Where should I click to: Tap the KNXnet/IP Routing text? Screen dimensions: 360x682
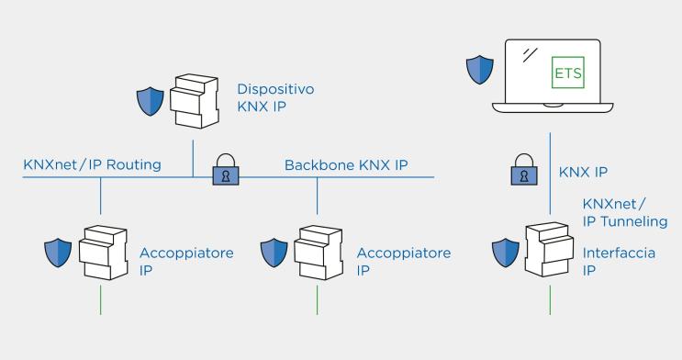(92, 165)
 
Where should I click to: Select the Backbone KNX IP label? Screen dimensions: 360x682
(345, 165)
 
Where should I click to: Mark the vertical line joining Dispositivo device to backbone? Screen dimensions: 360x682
(194, 157)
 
